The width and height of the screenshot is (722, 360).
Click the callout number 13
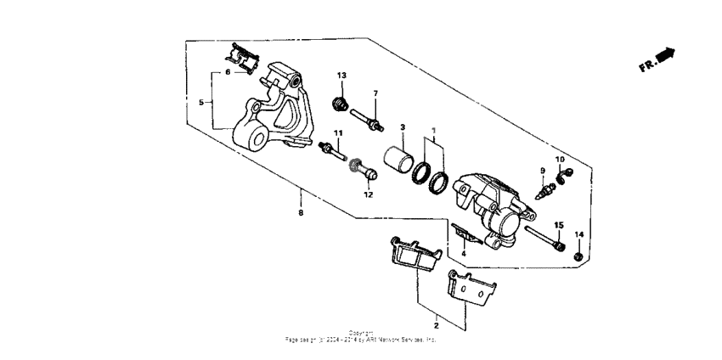coord(341,76)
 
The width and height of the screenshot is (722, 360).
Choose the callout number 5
coord(201,102)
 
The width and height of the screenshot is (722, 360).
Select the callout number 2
coord(437,325)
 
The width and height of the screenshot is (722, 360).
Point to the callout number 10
coord(560,159)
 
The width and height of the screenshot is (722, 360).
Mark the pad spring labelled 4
coord(464,233)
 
